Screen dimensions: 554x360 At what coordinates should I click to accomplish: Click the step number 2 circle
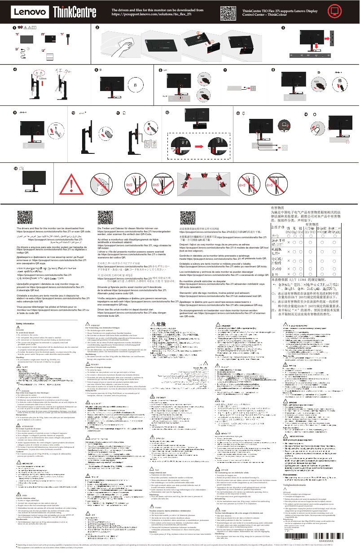click(x=97, y=28)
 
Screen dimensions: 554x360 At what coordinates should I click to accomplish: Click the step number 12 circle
click(x=167, y=113)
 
